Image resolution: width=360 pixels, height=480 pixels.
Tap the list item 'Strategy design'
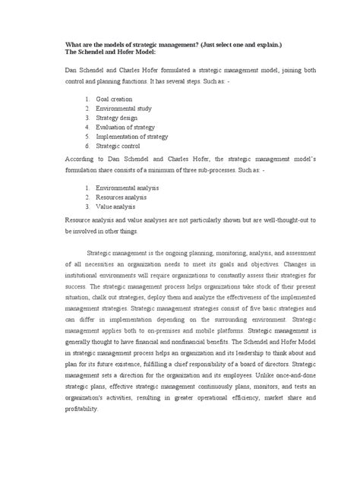click(115, 118)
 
